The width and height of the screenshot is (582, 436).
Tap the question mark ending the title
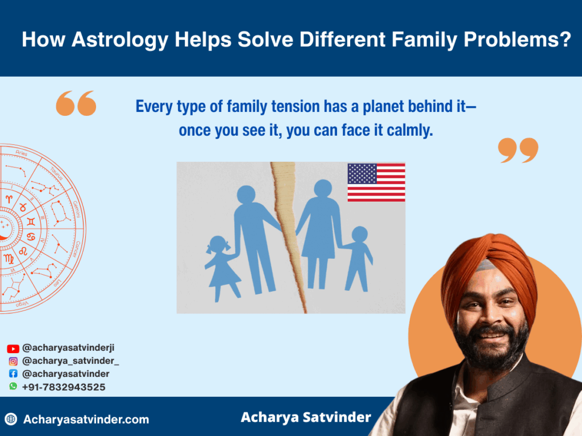click(566, 39)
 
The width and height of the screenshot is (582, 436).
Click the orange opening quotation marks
click(76, 103)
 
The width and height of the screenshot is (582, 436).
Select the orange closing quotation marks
click(518, 150)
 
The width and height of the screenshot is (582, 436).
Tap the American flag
click(376, 182)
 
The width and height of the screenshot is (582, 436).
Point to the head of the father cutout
click(246, 195)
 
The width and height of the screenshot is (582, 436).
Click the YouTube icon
click(13, 349)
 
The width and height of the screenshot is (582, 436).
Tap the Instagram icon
click(13, 361)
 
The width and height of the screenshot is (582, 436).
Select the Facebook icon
click(13, 374)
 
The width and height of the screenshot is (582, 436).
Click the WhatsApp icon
click(13, 386)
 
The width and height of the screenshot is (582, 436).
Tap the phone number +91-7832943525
click(64, 387)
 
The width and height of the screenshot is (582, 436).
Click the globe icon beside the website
click(11, 419)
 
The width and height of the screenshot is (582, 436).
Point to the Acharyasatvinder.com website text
click(86, 420)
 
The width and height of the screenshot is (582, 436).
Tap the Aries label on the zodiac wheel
click(22, 153)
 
